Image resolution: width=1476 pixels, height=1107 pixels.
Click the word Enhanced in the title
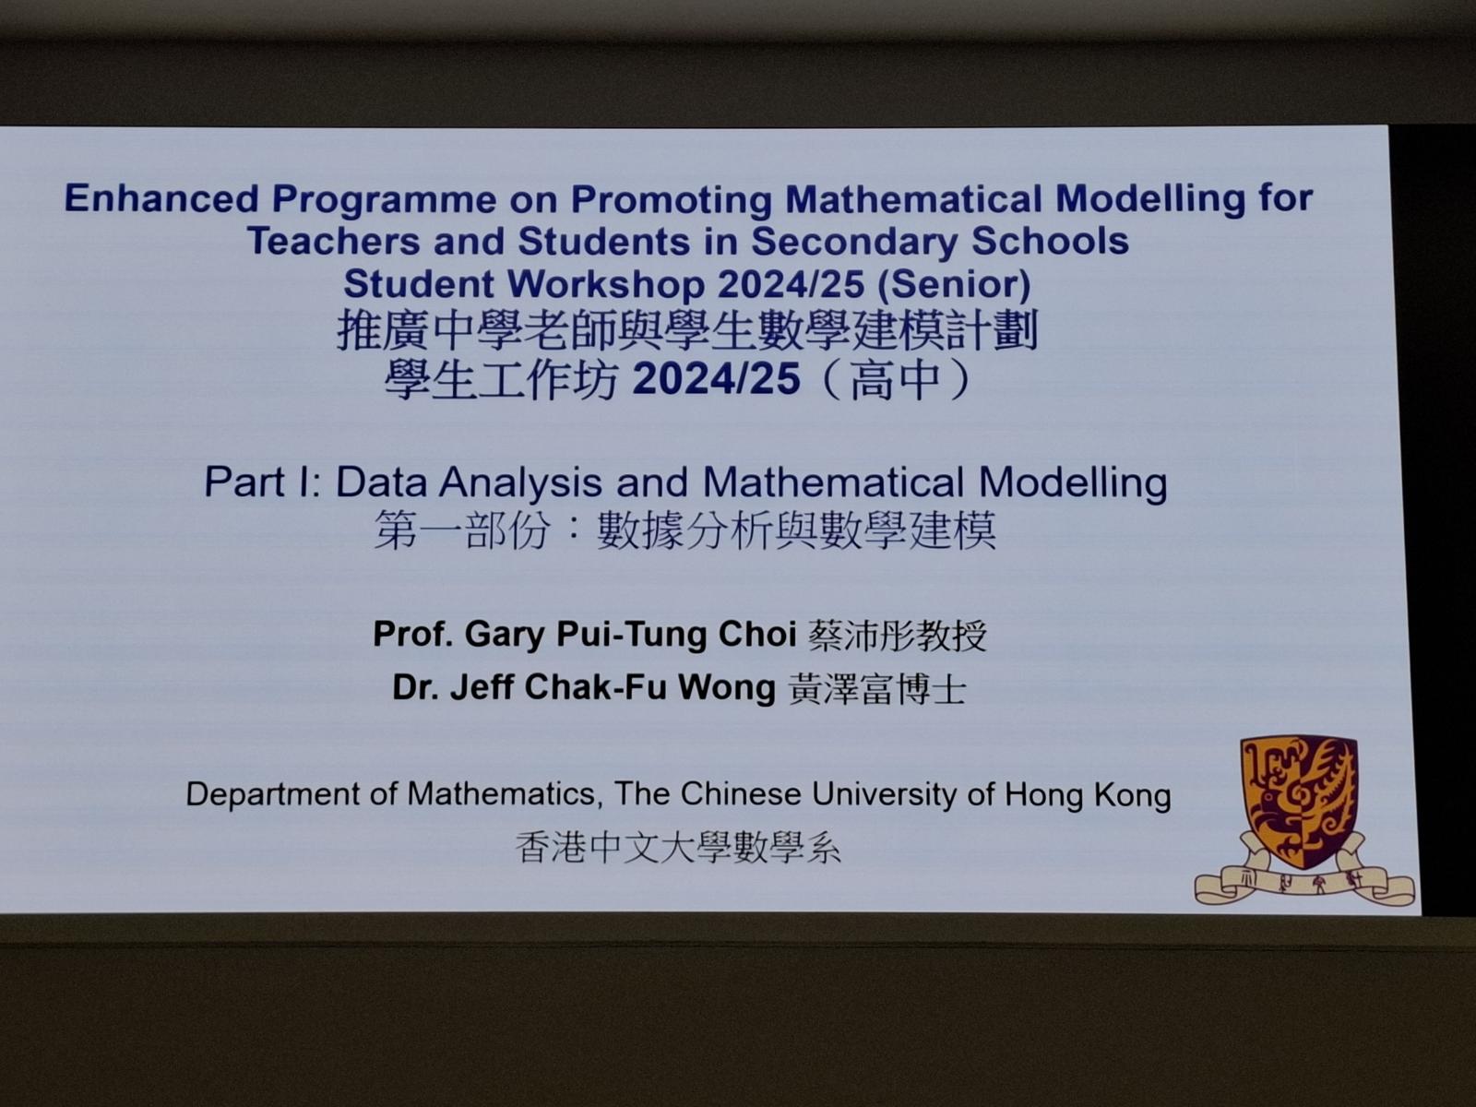161,198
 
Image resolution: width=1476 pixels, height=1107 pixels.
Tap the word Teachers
334,242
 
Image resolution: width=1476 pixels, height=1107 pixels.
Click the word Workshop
605,284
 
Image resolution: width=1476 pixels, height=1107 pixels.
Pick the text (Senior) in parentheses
954,285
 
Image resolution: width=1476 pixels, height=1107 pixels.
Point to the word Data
381,482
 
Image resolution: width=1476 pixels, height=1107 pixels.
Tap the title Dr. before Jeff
415,687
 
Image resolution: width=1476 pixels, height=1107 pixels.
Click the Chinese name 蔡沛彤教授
897,636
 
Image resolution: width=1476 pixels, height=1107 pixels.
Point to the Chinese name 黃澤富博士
877,689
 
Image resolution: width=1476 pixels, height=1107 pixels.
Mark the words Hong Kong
1088,796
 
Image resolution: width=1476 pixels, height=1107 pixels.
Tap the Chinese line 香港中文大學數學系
678,848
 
